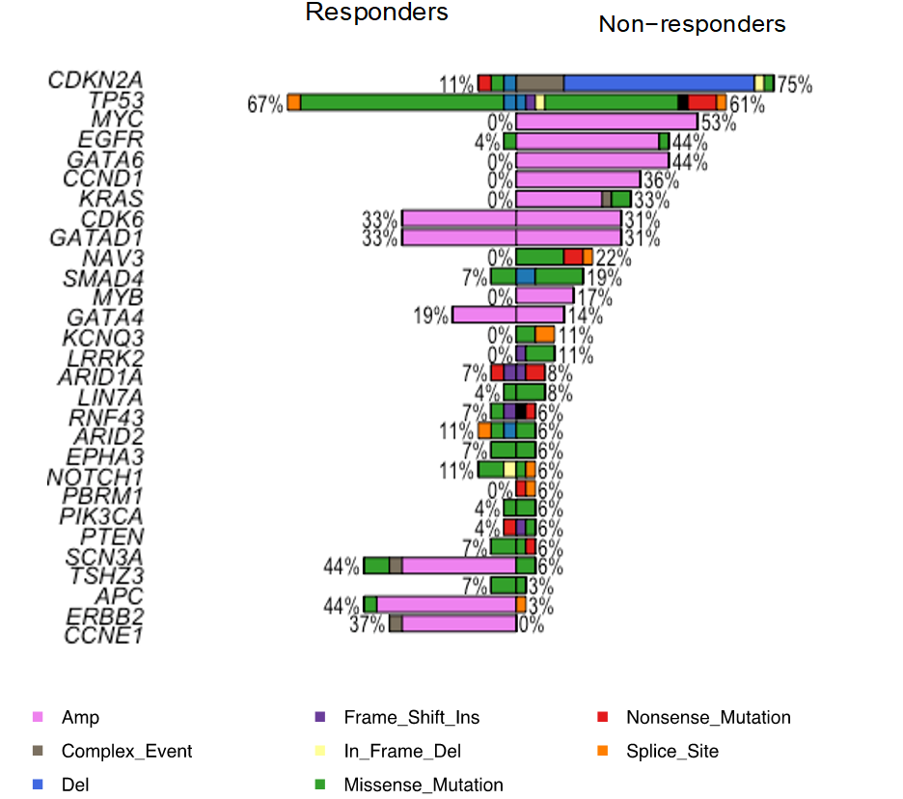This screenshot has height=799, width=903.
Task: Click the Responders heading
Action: pyautogui.click(x=376, y=13)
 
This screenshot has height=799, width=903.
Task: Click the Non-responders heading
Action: pyautogui.click(x=692, y=24)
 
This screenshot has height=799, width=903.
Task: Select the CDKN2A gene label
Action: pyautogui.click(x=96, y=80)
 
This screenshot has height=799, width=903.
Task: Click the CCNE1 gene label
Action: pyautogui.click(x=103, y=635)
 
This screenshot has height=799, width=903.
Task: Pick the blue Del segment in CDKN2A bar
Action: pyautogui.click(x=658, y=83)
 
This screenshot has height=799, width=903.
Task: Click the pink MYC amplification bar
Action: pyautogui.click(x=606, y=122)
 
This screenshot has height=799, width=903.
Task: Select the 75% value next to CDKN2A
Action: pyautogui.click(x=794, y=85)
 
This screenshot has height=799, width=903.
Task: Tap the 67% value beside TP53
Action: pyautogui.click(x=265, y=104)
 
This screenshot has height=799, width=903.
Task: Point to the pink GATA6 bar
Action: pyautogui.click(x=592, y=160)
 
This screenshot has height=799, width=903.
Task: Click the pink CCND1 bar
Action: pyautogui.click(x=578, y=179)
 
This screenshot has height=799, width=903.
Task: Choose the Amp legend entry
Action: pyautogui.click(x=80, y=718)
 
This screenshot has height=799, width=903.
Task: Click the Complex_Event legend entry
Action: pyautogui.click(x=126, y=752)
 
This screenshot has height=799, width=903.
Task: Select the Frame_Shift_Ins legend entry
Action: pyautogui.click(x=411, y=718)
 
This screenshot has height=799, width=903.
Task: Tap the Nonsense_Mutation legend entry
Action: pyautogui.click(x=707, y=718)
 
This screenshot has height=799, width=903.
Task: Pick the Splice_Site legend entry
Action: pyautogui.click(x=671, y=752)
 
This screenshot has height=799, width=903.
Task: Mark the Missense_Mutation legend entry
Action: pyautogui.click(x=423, y=785)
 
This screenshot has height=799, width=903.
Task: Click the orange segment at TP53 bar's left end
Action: pyautogui.click(x=293, y=102)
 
